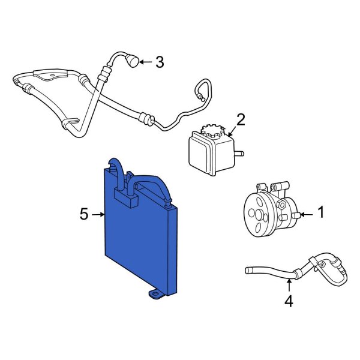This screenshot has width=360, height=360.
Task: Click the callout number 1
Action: click(x=321, y=212)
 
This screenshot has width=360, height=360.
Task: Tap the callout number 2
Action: click(x=241, y=120)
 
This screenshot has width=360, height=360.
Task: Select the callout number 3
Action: click(x=160, y=62)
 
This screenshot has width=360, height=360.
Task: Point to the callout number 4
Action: click(x=289, y=301)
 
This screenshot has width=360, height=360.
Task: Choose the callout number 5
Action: click(x=84, y=214)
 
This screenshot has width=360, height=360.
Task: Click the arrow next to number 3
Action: click(x=146, y=62)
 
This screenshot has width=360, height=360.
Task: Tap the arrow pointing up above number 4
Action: click(x=289, y=286)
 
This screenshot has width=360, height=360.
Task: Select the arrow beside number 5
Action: click(x=98, y=214)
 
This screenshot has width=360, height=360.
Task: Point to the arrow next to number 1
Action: click(x=307, y=215)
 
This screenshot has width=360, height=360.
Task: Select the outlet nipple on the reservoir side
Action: click(x=239, y=154)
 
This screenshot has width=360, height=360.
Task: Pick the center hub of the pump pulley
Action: click(x=259, y=215)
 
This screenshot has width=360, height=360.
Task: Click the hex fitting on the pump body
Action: click(x=281, y=204)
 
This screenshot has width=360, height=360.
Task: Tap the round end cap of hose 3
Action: click(x=133, y=61)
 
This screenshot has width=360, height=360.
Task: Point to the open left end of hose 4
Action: click(x=247, y=270)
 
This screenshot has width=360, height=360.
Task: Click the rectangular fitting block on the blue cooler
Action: click(x=126, y=197)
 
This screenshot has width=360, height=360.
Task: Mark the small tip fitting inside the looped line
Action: click(x=202, y=98)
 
